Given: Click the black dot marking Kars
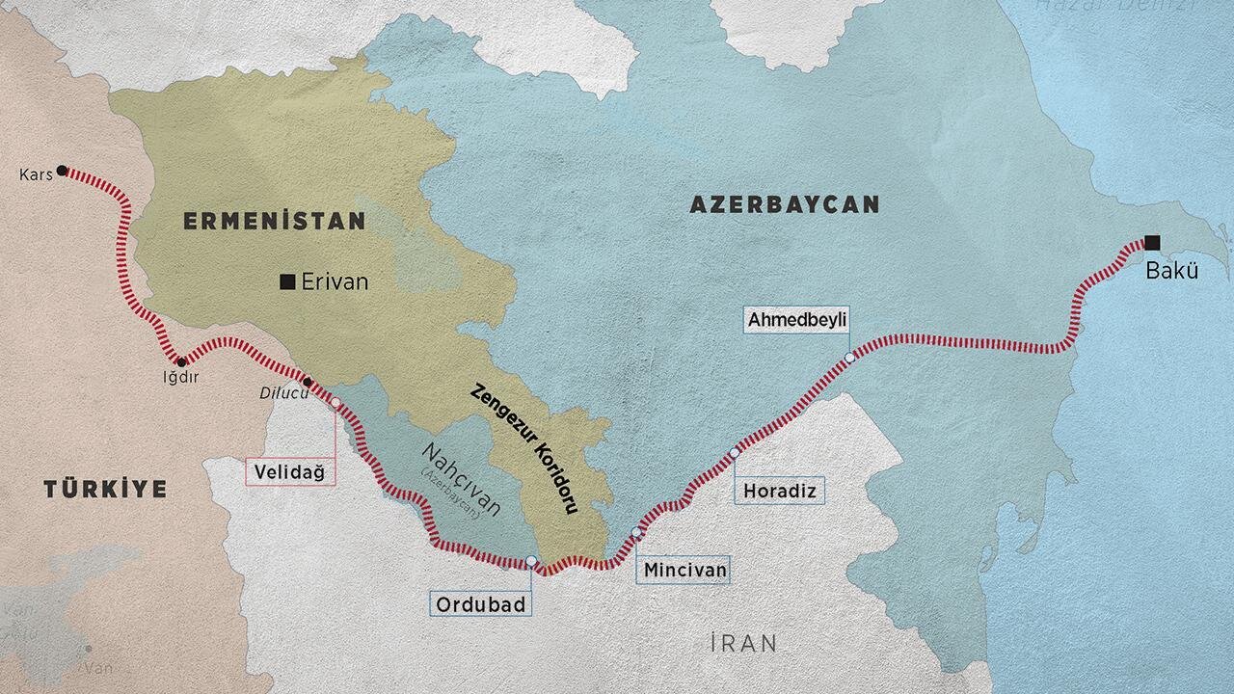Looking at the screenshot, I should [62, 171].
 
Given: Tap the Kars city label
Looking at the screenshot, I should [35, 174].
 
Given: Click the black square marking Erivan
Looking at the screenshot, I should [287, 281].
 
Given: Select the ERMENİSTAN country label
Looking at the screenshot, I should [275, 222].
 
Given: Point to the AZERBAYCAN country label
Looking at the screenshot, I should [784, 204].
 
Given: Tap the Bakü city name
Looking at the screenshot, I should [1171, 271].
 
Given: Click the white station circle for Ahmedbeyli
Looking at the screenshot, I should [849, 358].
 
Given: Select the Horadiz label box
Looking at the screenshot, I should [779, 492].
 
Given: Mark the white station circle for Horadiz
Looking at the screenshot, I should [735, 452].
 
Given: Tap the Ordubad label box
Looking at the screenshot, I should [479, 604].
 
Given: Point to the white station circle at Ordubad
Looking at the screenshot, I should [531, 561].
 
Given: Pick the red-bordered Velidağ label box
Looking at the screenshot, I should [289, 471].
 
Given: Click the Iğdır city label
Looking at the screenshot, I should [180, 377].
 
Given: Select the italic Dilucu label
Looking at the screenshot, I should [278, 392].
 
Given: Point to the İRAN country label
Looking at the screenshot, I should [742, 643].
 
